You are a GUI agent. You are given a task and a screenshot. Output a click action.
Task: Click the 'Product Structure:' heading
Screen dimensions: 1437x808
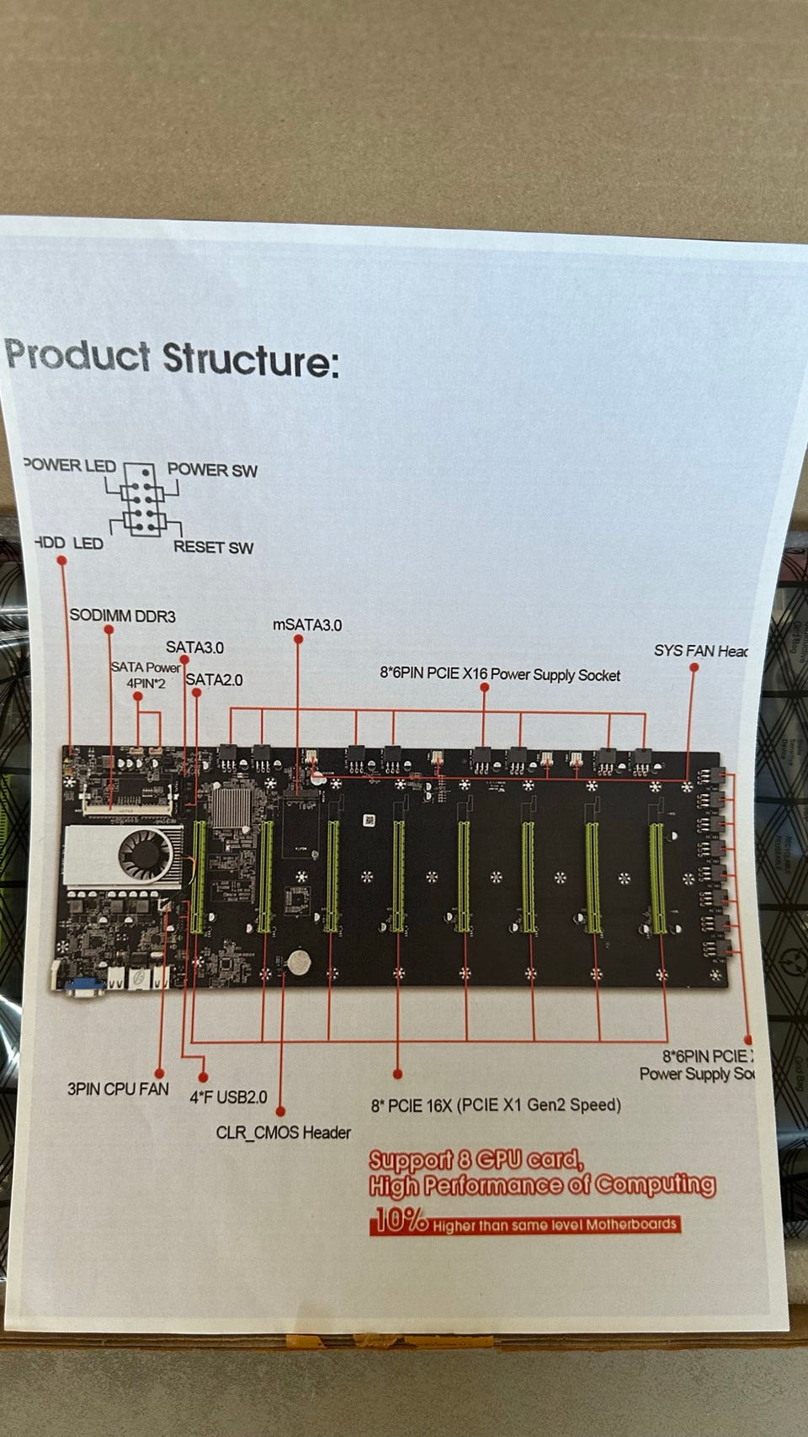click(x=172, y=358)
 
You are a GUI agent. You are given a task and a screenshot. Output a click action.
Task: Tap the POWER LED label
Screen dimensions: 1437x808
click(x=71, y=466)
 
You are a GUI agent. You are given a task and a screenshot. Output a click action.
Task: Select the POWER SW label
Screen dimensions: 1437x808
click(x=212, y=470)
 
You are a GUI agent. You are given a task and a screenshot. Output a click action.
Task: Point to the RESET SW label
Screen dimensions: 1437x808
click(x=213, y=547)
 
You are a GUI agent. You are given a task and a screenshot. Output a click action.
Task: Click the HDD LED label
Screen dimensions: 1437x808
click(x=69, y=543)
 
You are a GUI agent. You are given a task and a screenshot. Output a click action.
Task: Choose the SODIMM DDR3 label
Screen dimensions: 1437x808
click(x=122, y=616)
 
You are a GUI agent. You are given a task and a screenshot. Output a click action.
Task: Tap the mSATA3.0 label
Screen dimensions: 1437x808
click(x=307, y=625)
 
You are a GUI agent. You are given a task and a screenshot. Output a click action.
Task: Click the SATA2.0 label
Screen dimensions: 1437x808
click(x=215, y=679)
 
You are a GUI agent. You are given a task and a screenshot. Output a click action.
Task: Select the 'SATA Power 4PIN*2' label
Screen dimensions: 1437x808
click(x=146, y=675)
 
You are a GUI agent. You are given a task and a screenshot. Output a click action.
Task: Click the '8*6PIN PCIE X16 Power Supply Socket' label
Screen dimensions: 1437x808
click(x=500, y=674)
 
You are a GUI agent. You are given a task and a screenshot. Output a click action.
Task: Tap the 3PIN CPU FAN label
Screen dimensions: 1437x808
click(x=118, y=1089)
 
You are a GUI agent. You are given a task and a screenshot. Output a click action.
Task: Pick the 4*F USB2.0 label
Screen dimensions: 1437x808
click(x=228, y=1097)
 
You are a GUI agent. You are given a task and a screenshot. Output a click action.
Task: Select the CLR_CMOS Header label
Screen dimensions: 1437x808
click(x=284, y=1132)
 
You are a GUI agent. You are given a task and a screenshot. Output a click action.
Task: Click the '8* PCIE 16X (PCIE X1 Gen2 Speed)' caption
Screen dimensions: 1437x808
click(x=496, y=1105)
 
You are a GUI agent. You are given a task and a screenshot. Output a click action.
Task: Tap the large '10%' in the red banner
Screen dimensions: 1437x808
click(x=401, y=1220)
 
